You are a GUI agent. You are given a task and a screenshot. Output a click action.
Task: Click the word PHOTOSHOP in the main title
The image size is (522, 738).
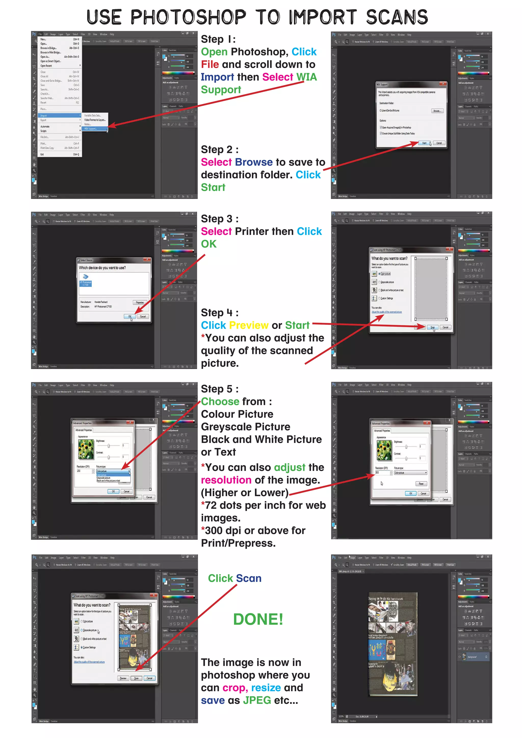click(x=188, y=17)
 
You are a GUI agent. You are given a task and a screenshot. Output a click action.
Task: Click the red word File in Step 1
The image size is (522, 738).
click(x=210, y=65)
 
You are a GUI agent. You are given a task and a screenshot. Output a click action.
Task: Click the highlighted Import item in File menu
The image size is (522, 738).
click(x=59, y=115)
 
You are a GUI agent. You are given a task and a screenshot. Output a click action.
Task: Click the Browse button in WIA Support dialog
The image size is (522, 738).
click(x=437, y=111)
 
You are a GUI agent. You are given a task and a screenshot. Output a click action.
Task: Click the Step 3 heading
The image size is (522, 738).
click(x=219, y=219)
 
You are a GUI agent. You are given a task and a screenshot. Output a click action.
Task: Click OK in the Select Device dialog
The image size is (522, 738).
click(x=129, y=316)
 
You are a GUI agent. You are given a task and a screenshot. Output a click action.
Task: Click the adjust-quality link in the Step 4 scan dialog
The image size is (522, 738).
click(x=387, y=312)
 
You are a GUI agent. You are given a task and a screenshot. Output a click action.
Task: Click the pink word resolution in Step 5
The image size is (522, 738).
click(x=226, y=480)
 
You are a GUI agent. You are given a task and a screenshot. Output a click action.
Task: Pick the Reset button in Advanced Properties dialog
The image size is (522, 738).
click(x=421, y=484)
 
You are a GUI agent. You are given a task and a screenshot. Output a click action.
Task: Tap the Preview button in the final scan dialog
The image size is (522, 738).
click(x=123, y=678)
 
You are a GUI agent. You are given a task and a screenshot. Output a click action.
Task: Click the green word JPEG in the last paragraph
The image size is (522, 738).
click(x=257, y=700)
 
